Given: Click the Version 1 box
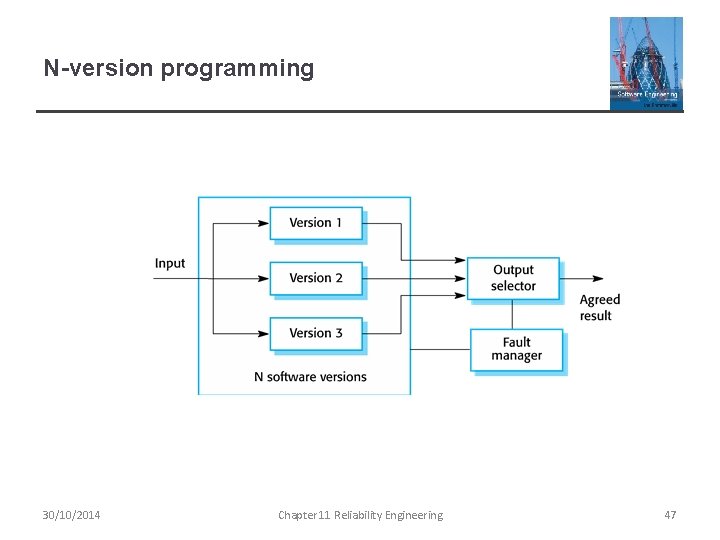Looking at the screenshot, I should pos(315,223).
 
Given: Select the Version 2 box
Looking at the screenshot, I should pos(315,278).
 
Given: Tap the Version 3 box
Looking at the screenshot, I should pos(315,333).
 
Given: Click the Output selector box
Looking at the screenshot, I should pos(513,278).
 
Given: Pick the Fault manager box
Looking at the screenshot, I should pos(516,349).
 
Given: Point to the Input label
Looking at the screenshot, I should pos(170,264).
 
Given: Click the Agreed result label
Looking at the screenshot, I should pos(600,308).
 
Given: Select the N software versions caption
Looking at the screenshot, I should pos(310,377).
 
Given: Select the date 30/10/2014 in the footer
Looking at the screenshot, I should pos(71,515).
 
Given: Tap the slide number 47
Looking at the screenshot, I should pos(670,515).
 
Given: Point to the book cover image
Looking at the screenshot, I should pos(646,63).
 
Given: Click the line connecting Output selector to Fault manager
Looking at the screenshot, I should pos(513,313).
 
